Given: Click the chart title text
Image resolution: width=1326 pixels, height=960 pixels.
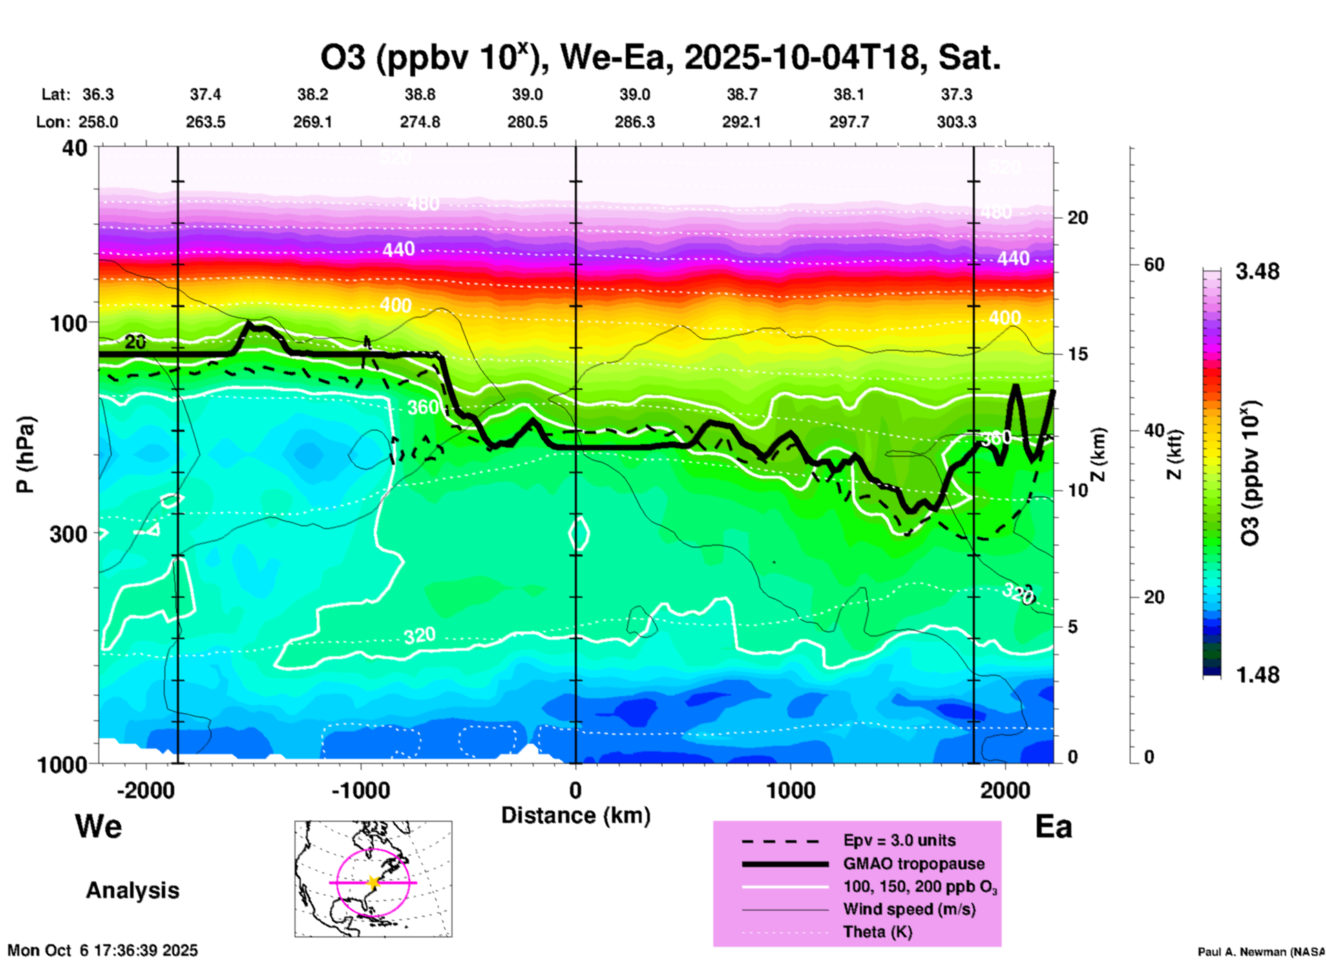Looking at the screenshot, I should point(660,58).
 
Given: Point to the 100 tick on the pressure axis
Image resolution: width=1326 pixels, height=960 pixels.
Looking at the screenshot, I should point(70,322).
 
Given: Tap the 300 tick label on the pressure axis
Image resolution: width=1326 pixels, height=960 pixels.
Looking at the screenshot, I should point(69,534).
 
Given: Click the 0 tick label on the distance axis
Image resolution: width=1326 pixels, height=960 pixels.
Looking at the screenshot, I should point(576,791).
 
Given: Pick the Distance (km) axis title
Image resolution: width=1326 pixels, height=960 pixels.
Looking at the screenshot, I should point(576,815).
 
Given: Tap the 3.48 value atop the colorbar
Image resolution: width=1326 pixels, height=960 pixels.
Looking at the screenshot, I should point(1257,272).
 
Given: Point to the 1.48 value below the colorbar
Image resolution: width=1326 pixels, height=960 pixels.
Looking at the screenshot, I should point(1257,675).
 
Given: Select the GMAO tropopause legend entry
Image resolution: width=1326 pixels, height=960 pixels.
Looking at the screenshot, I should point(914,864).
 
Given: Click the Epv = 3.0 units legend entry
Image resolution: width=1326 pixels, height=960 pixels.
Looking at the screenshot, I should point(899,841).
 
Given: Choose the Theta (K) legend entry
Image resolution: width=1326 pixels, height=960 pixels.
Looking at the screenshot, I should point(877,932).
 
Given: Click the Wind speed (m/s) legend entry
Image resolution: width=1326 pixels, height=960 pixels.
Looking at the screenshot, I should point(909,910).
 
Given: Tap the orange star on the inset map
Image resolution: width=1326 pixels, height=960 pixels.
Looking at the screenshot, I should point(373,882).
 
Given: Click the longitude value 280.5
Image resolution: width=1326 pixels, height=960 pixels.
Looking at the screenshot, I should point(527,123).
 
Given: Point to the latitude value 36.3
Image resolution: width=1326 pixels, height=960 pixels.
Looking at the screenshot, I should point(98,94).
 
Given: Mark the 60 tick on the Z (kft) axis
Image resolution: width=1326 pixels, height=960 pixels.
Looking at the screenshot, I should point(1154,264).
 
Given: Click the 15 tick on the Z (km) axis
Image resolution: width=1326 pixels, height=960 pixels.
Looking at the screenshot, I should point(1077,354).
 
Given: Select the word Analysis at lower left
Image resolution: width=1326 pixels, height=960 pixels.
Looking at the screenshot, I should point(132,890).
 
